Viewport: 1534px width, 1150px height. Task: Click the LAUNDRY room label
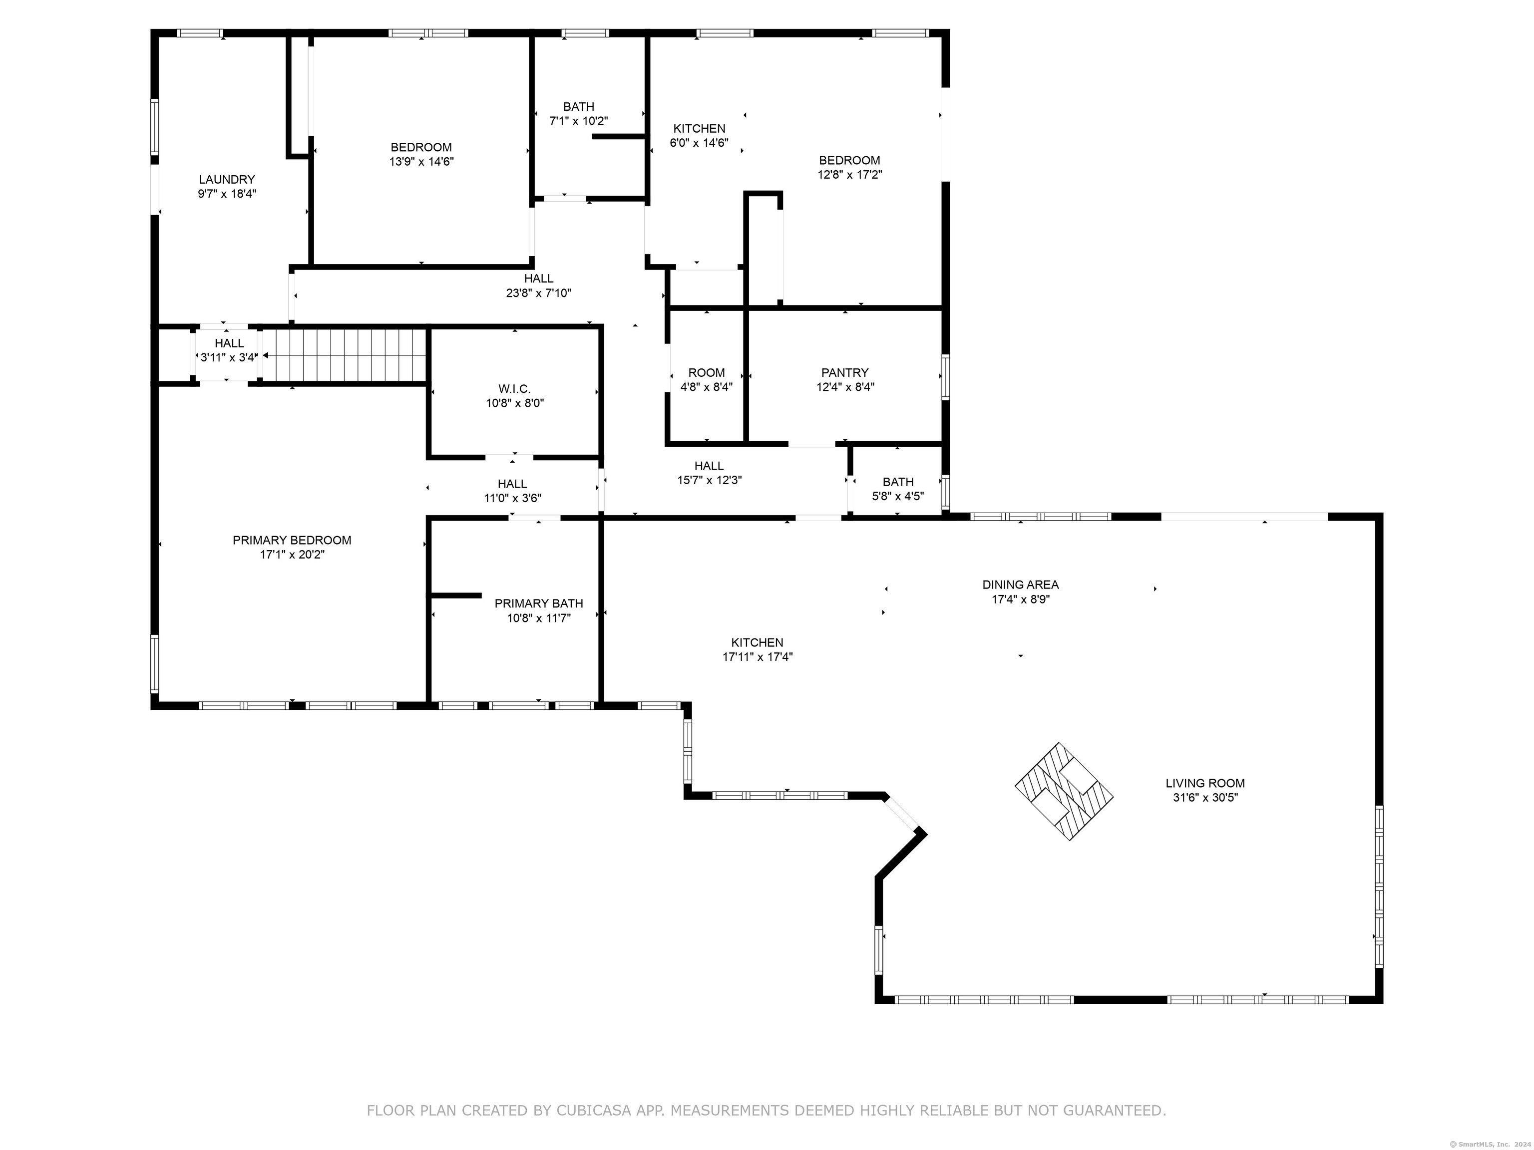(x=227, y=180)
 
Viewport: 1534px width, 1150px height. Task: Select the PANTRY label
(x=845, y=373)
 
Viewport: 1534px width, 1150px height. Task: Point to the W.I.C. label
(x=514, y=389)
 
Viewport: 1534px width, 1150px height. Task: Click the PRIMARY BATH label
(x=539, y=604)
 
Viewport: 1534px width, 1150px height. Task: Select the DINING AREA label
(x=1021, y=585)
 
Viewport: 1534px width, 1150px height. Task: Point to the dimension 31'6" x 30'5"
(x=1205, y=798)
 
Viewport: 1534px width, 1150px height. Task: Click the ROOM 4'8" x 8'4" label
(x=707, y=380)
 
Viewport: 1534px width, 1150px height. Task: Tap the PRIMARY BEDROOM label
(x=292, y=540)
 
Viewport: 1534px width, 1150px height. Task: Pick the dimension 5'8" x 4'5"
(x=898, y=496)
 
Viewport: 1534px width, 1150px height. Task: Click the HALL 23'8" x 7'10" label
(x=539, y=286)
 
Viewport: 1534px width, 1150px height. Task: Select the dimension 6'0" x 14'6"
(x=699, y=143)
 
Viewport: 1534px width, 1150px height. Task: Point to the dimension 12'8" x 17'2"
(x=849, y=175)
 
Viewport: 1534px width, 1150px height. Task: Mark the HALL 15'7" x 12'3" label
(x=710, y=473)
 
